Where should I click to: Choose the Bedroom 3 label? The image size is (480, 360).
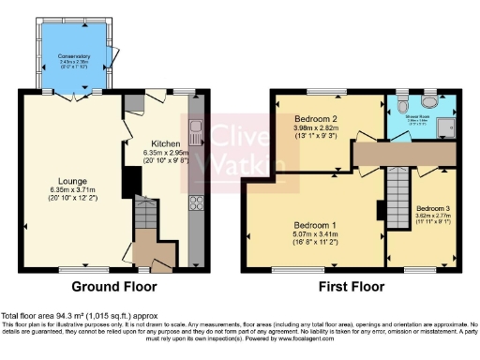(433, 207)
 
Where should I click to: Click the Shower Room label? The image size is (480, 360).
(416, 117)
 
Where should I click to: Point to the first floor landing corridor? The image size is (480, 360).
(412, 151)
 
